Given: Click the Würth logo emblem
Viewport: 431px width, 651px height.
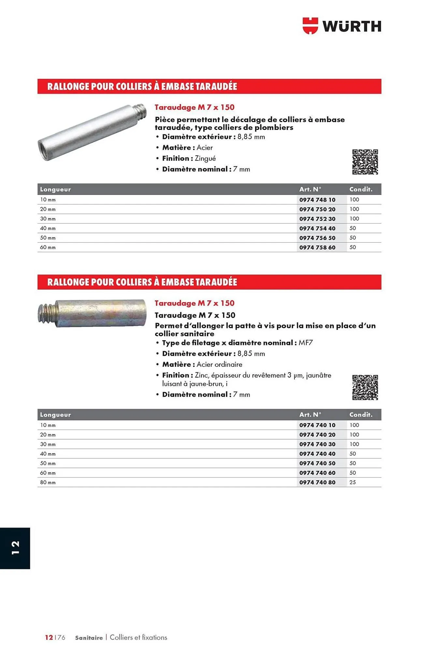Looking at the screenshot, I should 310,26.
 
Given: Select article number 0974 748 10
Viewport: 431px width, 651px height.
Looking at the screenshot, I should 317,200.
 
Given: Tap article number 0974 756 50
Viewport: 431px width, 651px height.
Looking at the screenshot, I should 317,238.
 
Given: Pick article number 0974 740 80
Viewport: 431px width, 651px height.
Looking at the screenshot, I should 317,482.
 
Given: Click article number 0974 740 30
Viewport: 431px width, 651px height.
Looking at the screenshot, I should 317,444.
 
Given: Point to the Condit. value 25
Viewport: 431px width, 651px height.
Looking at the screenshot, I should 352,482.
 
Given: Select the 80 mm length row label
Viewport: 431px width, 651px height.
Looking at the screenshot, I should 48,482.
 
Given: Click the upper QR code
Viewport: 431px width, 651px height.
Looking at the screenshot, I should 365,162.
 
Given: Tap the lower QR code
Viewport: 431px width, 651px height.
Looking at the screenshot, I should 365,387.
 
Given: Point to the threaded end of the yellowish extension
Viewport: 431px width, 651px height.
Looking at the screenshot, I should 46,313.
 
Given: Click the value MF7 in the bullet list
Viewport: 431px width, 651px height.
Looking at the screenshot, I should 306,343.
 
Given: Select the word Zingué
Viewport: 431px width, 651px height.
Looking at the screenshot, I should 205,159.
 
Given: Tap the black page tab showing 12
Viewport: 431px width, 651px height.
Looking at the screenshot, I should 15,548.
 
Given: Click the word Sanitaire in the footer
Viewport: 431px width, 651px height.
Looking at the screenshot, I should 89,638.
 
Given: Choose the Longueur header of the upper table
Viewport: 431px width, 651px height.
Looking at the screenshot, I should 55,189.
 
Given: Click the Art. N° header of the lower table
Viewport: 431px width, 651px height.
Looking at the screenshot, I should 310,415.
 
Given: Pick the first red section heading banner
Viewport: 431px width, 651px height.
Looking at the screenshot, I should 209,87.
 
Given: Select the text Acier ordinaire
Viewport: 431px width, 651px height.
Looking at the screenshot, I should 219,365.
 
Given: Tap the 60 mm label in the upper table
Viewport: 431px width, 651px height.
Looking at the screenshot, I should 48,247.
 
